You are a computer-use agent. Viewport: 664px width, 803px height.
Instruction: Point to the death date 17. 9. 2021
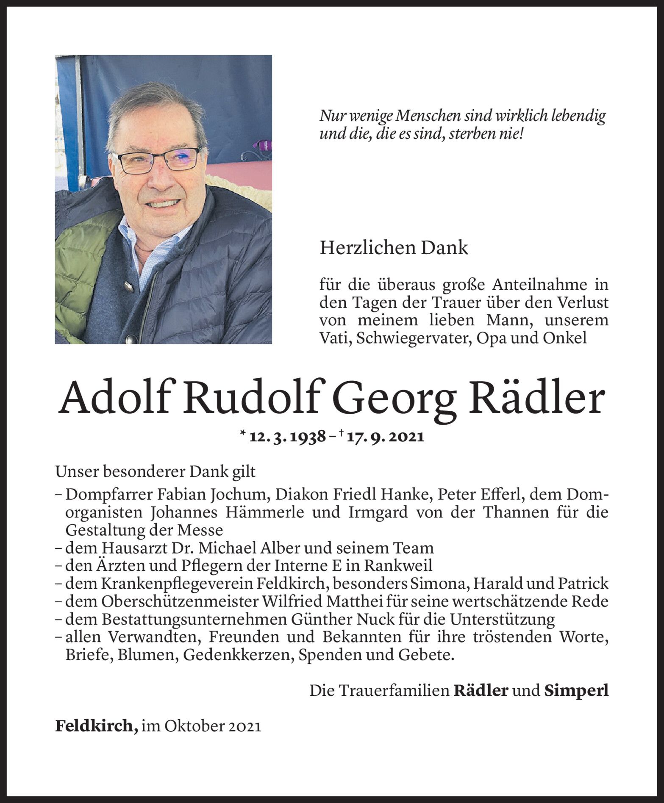point(385,437)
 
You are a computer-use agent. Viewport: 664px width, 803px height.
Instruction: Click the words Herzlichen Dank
point(394,248)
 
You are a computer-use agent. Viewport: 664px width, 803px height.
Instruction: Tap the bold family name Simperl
point(576,690)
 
